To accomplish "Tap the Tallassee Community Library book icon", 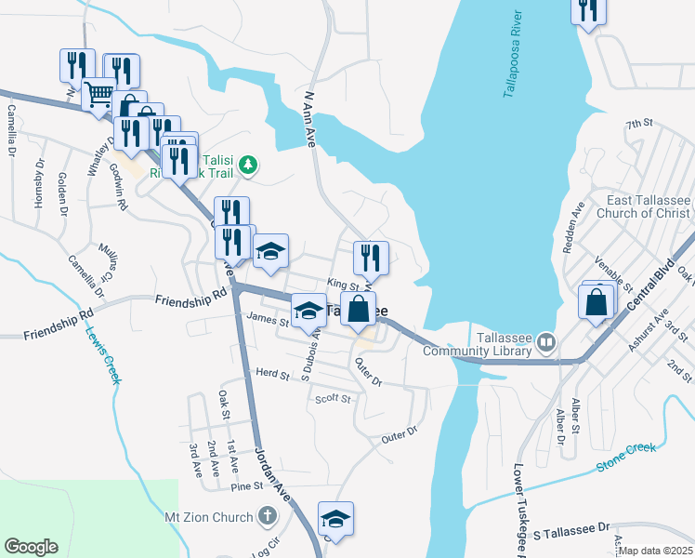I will click(546, 341).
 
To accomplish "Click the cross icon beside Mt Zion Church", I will click(267, 516).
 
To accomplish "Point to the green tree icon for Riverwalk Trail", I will click(247, 166).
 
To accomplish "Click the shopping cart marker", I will click(98, 93).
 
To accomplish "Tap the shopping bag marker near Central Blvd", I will click(596, 300).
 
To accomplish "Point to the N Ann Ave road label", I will click(308, 117).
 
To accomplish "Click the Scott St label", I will click(333, 399).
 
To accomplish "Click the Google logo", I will click(31, 547).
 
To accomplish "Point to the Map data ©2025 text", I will click(656, 551).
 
